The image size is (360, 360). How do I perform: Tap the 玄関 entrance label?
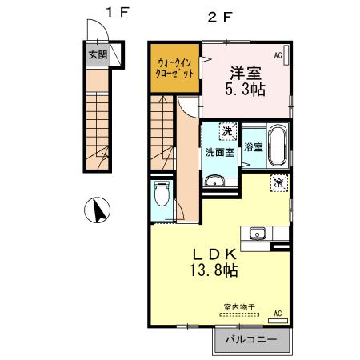click(x=97, y=55)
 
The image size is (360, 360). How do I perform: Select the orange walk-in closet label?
click(x=174, y=67)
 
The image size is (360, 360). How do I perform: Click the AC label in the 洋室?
click(x=278, y=56)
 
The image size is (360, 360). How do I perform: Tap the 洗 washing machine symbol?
click(x=227, y=130)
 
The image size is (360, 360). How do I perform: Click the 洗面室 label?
click(x=219, y=152)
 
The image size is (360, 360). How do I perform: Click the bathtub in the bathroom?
click(x=278, y=145)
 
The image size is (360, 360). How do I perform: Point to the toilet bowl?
click(x=160, y=194)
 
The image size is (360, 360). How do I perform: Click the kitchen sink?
click(x=258, y=234)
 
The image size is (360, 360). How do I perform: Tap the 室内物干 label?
click(x=238, y=306)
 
